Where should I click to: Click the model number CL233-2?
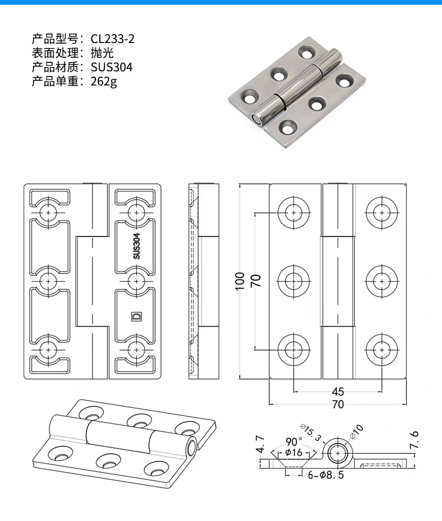pyautogui.click(x=113, y=39)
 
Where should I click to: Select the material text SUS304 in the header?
pyautogui.click(x=112, y=67)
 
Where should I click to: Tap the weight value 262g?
pyautogui.click(x=104, y=81)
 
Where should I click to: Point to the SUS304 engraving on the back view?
pyautogui.click(x=136, y=246)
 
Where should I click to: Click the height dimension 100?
pyautogui.click(x=239, y=281)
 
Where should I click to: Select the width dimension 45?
pyautogui.click(x=338, y=391)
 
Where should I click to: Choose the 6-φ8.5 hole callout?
pyautogui.click(x=326, y=473)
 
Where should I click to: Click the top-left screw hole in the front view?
pyautogui.click(x=293, y=212)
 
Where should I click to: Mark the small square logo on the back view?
pyautogui.click(x=136, y=316)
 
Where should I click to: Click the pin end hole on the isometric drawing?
pyautogui.click(x=191, y=447)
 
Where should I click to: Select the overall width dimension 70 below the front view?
pyautogui.click(x=338, y=405)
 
